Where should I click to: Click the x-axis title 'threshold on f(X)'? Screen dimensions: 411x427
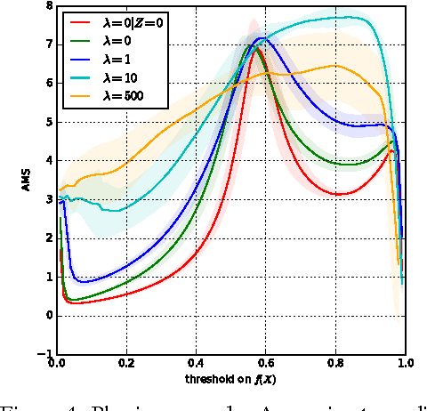230,377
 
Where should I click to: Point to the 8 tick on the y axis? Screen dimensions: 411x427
48,8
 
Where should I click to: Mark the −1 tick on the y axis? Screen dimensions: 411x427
44,354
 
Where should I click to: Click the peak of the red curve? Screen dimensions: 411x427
257,50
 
